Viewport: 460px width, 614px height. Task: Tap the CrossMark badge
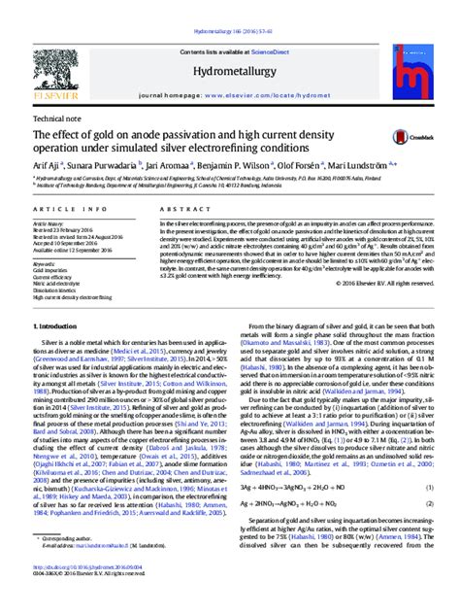[397, 142]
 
